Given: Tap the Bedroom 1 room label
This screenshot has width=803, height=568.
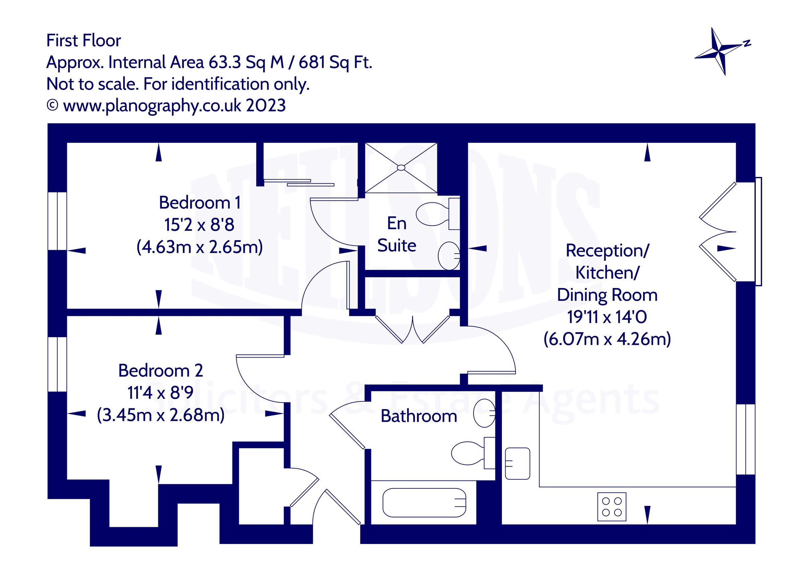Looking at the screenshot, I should tap(200, 202).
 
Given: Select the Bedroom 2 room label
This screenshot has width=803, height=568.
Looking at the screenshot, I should tap(161, 370).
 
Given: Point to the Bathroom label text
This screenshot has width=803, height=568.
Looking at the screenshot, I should tap(419, 416).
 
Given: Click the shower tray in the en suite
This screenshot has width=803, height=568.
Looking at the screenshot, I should tap(401, 168).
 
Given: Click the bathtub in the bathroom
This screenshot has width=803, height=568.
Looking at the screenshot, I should tap(424, 502).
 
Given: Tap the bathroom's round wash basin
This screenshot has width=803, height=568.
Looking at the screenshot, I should tap(484, 413).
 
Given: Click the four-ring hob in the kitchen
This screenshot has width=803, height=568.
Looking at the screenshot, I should tap(612, 507).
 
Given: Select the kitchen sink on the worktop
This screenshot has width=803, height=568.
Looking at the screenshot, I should tap(518, 463).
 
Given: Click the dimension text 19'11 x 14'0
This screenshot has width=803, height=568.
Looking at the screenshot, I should tap(607, 317).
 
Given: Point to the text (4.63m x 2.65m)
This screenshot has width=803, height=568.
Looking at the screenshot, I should tap(199, 247).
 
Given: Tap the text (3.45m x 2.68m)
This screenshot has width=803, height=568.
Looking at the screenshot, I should tap(161, 415).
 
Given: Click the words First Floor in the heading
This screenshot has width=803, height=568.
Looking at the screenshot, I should tap(84, 40).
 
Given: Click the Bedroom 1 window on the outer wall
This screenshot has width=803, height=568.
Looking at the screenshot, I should tap(57, 221).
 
